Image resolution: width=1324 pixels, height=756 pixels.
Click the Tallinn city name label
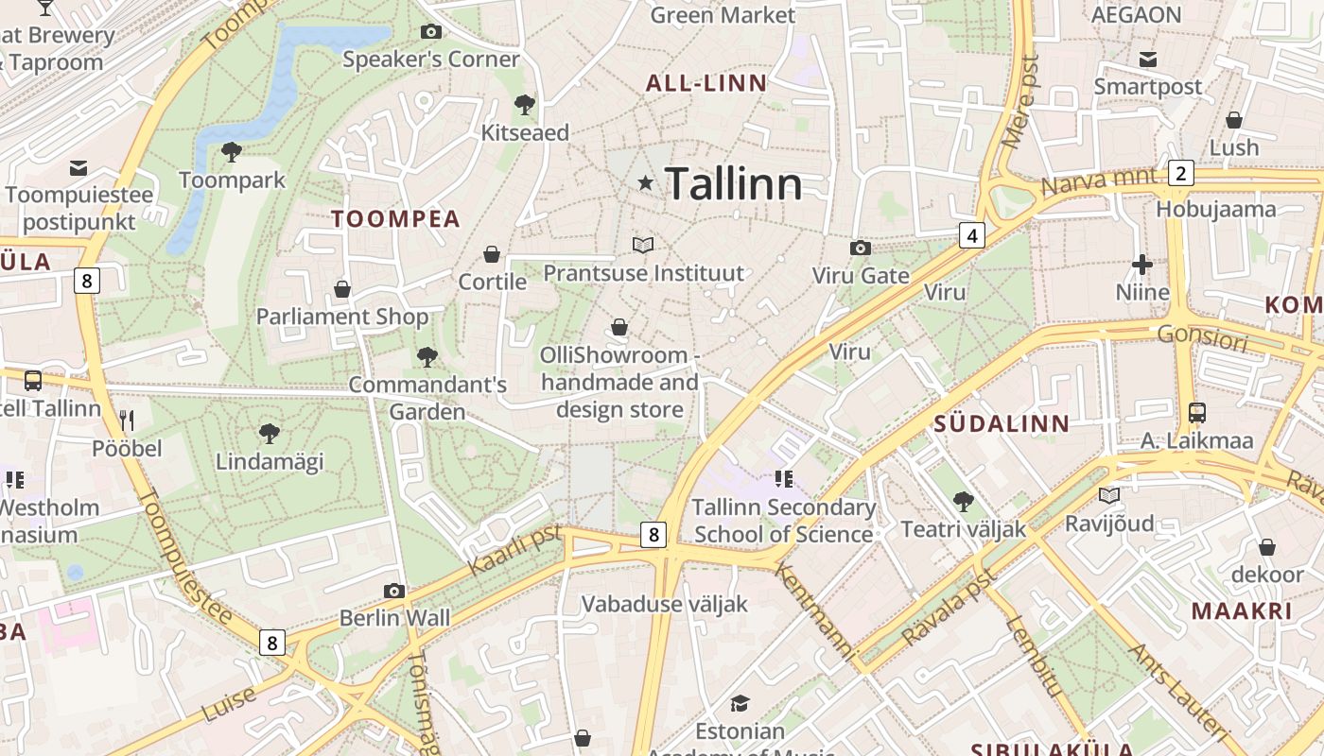(x=734, y=183)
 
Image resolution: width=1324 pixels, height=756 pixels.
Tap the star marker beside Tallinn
(x=646, y=182)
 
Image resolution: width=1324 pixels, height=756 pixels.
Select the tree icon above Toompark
(x=231, y=151)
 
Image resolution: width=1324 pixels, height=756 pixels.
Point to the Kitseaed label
(x=525, y=132)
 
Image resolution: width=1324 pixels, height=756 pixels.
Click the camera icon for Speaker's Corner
(x=431, y=32)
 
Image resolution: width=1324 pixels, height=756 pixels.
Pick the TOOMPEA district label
(x=395, y=219)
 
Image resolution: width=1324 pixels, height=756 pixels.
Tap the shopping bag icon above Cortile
(x=492, y=254)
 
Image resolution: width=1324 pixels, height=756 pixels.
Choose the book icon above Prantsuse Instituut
(x=643, y=246)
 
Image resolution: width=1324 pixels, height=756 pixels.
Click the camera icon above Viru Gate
(x=860, y=248)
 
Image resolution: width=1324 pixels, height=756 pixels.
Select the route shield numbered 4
(x=972, y=235)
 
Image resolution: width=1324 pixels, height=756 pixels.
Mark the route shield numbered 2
(x=1180, y=173)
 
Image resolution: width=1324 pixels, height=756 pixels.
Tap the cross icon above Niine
(x=1142, y=265)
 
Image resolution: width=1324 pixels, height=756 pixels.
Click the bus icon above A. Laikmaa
(x=1196, y=413)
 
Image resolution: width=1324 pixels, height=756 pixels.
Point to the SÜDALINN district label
(x=1002, y=424)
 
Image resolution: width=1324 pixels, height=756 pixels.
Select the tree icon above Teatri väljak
(x=963, y=501)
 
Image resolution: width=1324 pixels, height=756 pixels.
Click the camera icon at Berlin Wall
(x=394, y=592)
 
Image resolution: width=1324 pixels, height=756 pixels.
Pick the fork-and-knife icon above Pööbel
(x=127, y=420)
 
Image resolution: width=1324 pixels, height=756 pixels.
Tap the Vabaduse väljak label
(x=665, y=604)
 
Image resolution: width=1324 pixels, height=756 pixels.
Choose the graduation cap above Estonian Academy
(x=740, y=703)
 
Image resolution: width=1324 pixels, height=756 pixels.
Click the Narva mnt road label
(x=1098, y=180)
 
